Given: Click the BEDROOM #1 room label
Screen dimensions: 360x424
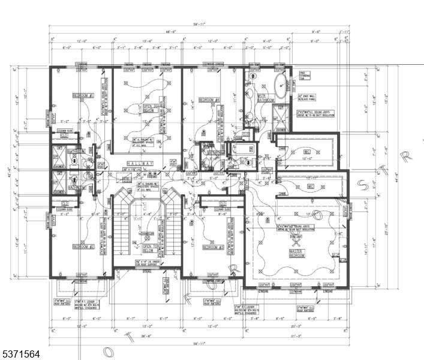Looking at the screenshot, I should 82,95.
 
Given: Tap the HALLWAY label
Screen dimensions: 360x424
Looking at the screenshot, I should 139,163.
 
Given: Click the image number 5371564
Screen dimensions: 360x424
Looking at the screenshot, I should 21,355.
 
